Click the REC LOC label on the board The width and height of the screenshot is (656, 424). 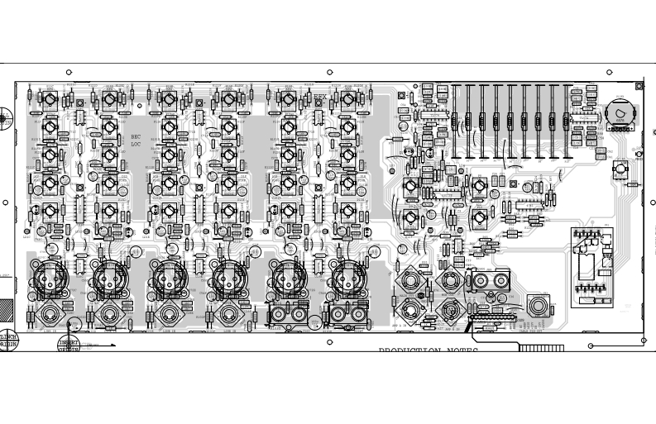(x=136, y=140)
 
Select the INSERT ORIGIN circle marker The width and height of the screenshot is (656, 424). (x=69, y=345)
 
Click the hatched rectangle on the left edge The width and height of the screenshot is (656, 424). (x=6, y=311)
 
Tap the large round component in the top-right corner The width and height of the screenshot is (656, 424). (x=618, y=112)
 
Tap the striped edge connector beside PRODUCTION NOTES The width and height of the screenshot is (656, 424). (x=541, y=348)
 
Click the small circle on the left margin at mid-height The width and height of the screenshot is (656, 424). (x=5, y=202)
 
